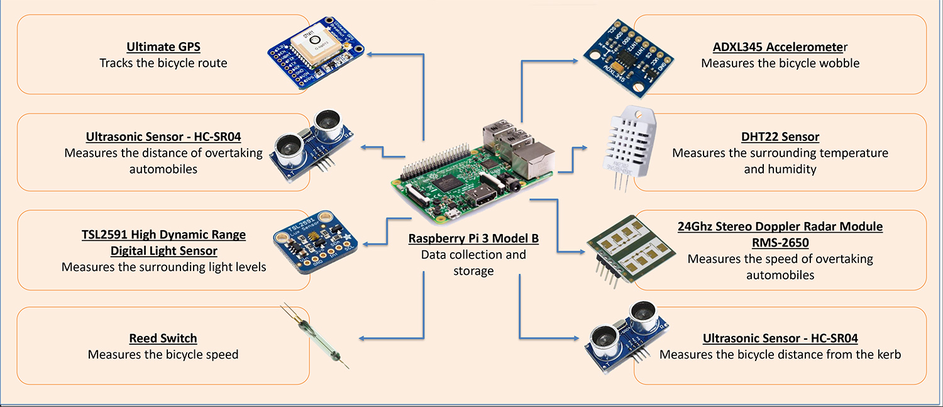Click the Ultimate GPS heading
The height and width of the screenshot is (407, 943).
pyautogui.click(x=163, y=47)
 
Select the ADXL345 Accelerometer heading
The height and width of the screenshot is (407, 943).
pyautogui.click(x=780, y=47)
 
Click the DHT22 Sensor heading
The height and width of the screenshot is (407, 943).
pyautogui.click(x=780, y=137)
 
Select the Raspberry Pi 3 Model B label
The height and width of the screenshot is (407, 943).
pyautogui.click(x=473, y=238)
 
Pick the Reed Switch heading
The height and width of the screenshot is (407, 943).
pyautogui.click(x=163, y=338)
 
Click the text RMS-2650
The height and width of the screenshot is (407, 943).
pyautogui.click(x=780, y=242)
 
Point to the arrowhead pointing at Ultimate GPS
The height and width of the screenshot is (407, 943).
pyautogui.click(x=370, y=54)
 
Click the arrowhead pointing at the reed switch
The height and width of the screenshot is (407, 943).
pyautogui.click(x=363, y=338)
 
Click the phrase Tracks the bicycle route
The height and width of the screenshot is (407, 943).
pyautogui.click(x=163, y=63)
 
